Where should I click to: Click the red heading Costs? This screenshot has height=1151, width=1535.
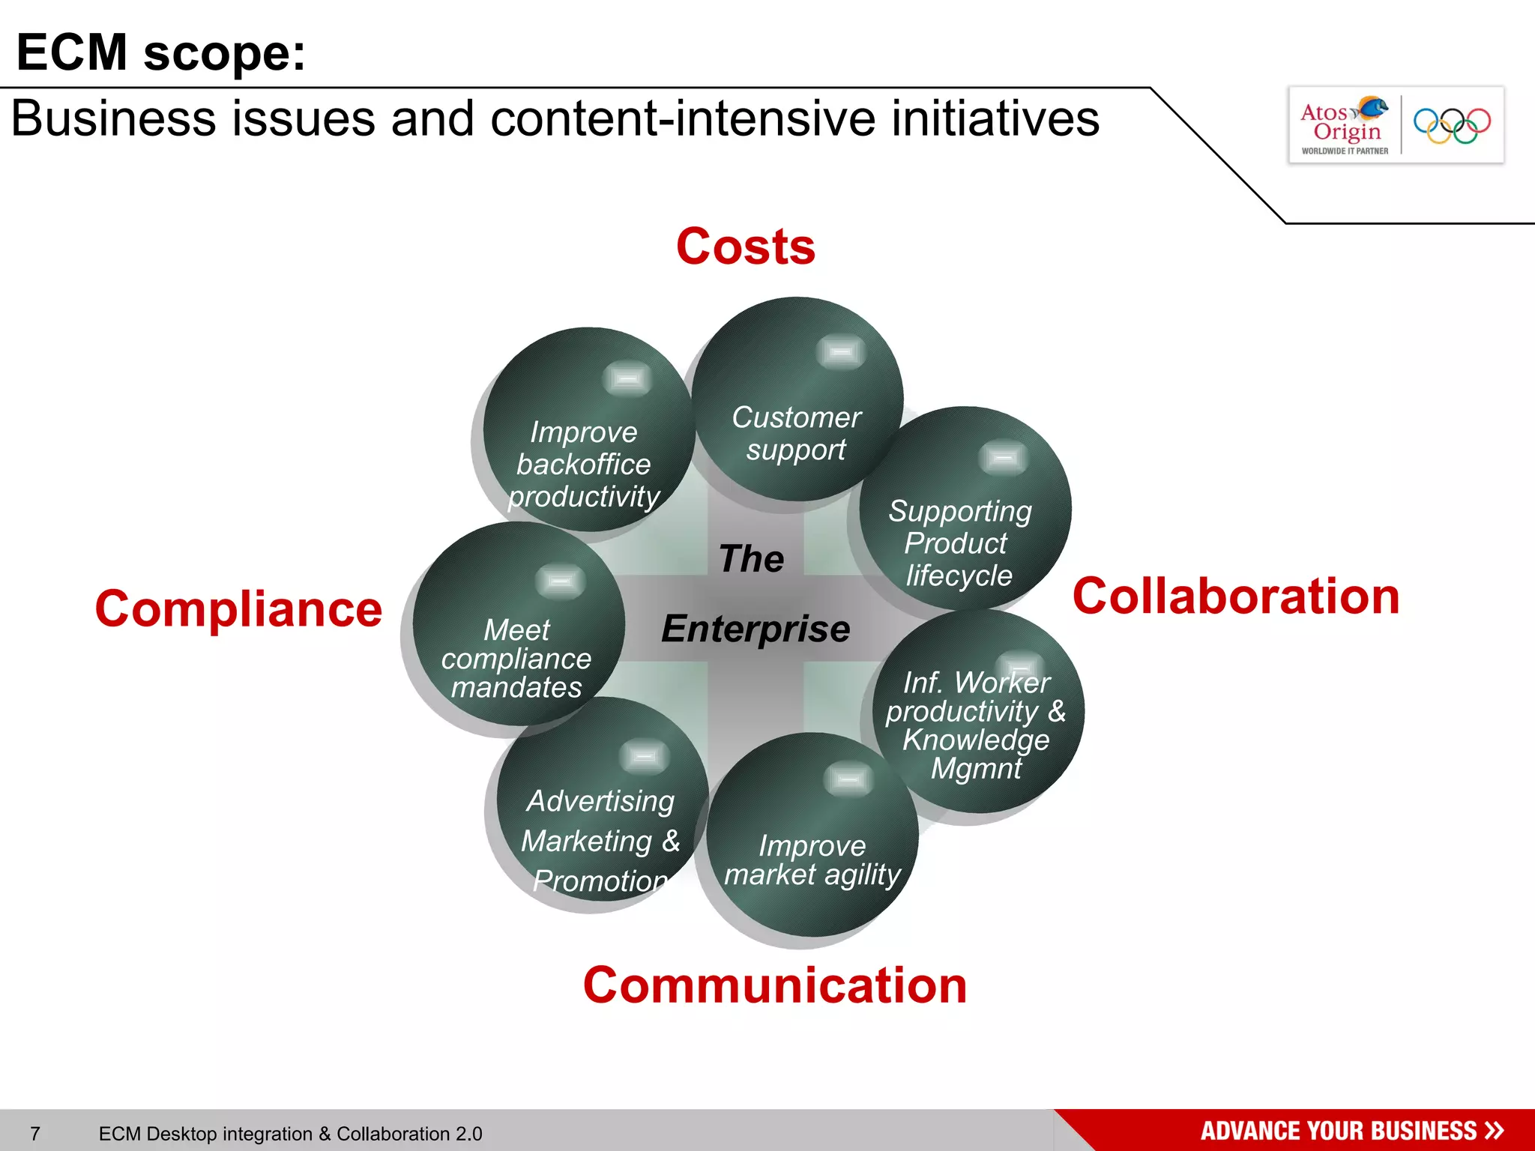point(745,247)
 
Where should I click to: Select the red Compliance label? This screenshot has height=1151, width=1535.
point(238,608)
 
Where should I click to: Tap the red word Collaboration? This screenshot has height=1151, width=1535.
point(1235,596)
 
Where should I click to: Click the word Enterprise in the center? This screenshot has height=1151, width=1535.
point(756,629)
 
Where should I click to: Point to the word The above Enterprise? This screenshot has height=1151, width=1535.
point(751,559)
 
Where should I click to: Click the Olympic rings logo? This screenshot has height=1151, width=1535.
point(1452,125)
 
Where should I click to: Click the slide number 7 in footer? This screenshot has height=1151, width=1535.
point(35,1134)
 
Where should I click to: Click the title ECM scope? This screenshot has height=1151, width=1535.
point(160,52)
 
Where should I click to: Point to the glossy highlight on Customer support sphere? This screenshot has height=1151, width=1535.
point(840,351)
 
